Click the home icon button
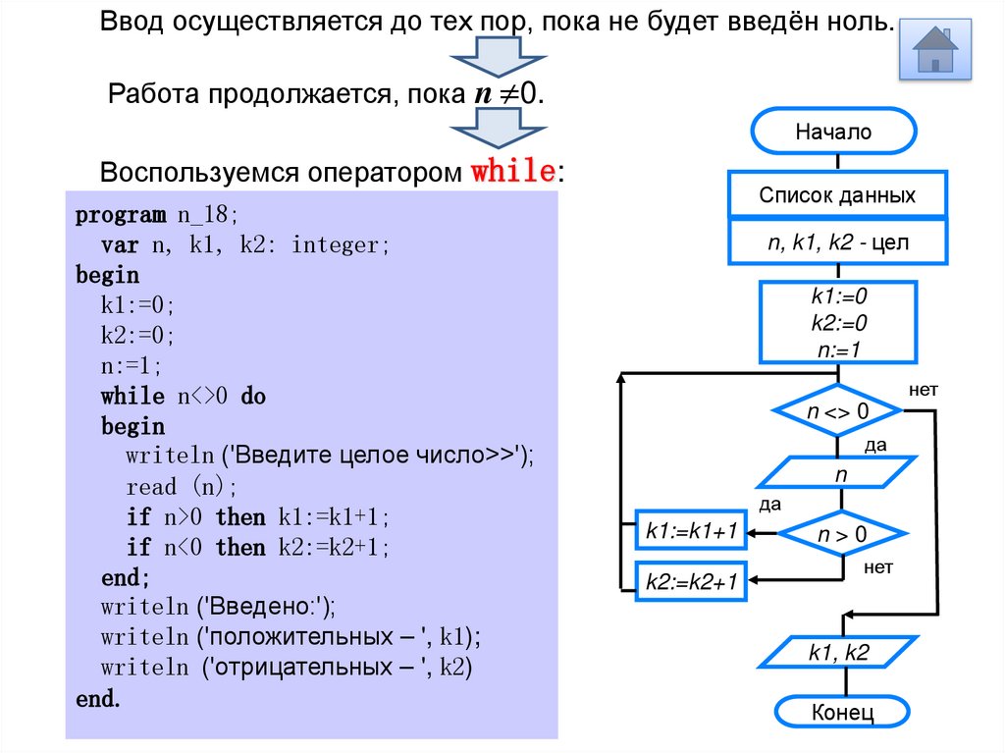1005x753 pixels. click(x=935, y=50)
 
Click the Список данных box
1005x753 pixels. click(x=837, y=194)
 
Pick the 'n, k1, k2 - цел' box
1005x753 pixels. click(x=837, y=242)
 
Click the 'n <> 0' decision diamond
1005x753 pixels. click(x=837, y=412)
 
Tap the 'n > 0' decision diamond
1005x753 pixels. click(x=842, y=535)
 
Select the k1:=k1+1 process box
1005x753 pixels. click(x=691, y=532)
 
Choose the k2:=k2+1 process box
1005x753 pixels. click(x=691, y=582)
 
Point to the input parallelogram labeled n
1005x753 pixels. click(x=839, y=473)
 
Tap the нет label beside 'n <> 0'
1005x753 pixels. click(x=924, y=390)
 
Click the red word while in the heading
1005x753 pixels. click(x=513, y=171)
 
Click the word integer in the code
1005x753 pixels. click(x=340, y=245)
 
